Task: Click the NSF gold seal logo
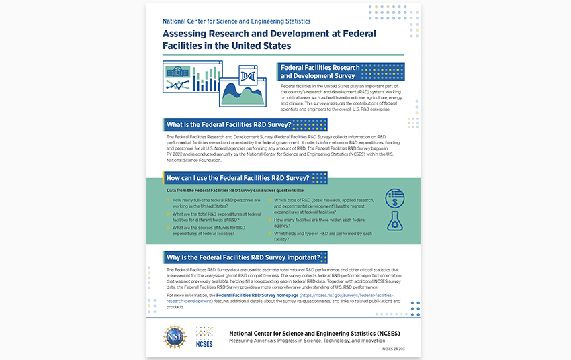pyautogui.click(x=175, y=336)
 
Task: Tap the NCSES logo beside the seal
pyautogui.click(x=204, y=336)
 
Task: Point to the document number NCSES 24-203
pyautogui.click(x=394, y=349)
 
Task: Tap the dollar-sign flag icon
pyautogui.click(x=394, y=198)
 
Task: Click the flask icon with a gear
pyautogui.click(x=394, y=221)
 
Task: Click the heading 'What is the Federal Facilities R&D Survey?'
pyautogui.click(x=228, y=125)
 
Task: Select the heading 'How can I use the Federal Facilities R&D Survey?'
pyautogui.click(x=237, y=178)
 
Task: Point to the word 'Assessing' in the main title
pyautogui.click(x=189, y=34)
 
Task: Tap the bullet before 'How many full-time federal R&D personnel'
pyautogui.click(x=168, y=201)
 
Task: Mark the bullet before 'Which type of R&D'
pyautogui.click(x=270, y=201)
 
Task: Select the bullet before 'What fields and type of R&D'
pyautogui.click(x=270, y=234)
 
